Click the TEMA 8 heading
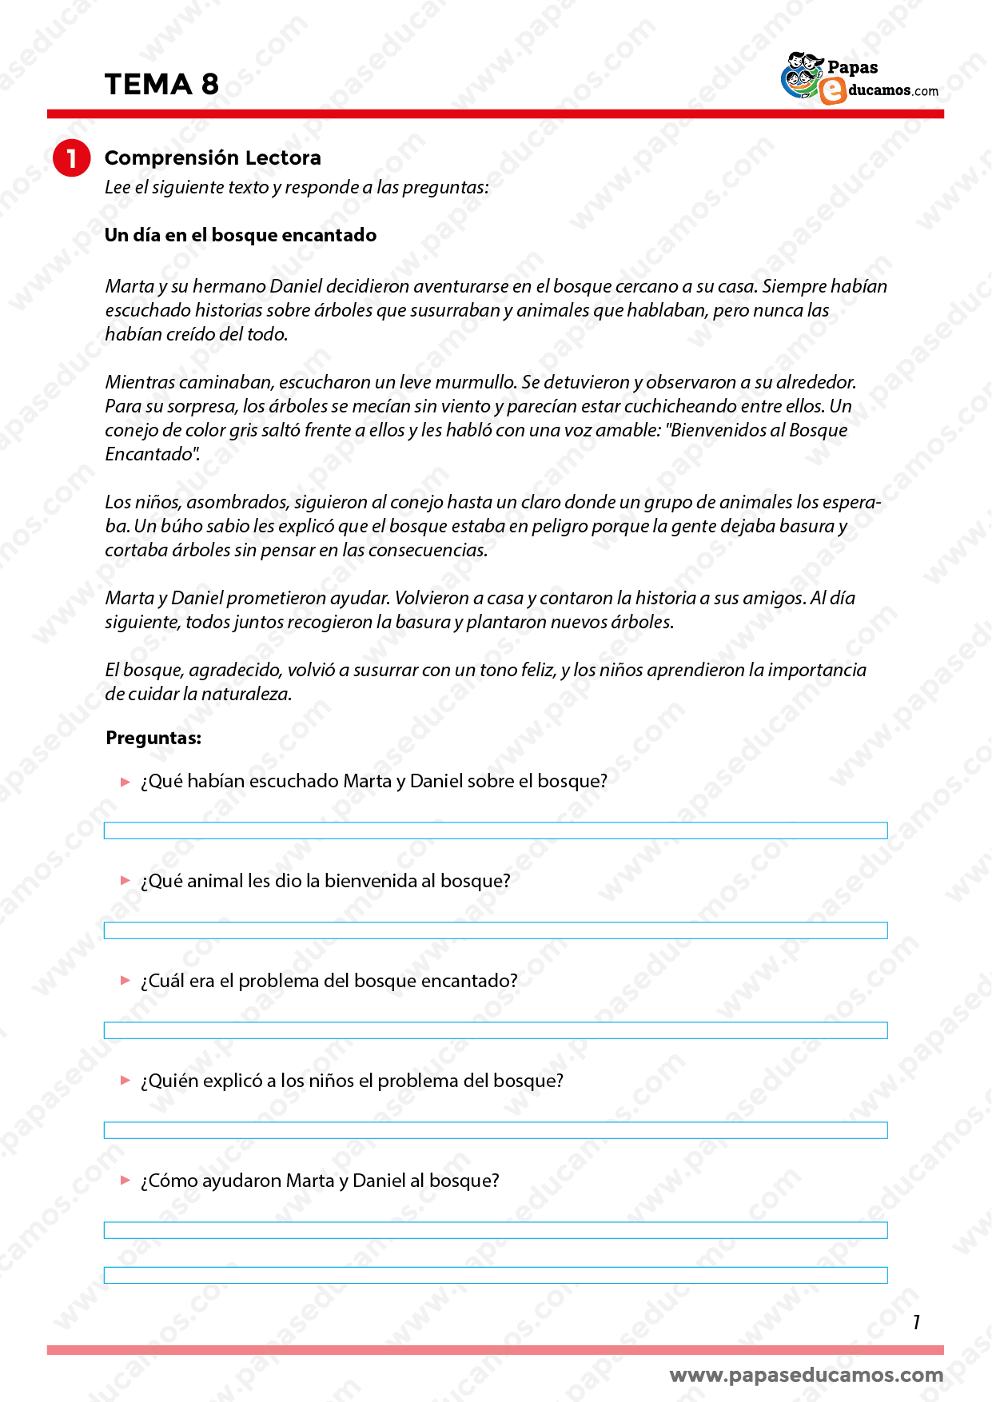pos(161,84)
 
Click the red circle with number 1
pos(71,158)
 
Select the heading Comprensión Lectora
pos(213,157)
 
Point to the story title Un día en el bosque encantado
pos(240,235)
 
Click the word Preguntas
pos(153,738)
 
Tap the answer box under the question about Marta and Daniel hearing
pos(496,830)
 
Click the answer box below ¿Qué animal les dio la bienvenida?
pos(496,930)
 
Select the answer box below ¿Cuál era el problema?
pos(496,1030)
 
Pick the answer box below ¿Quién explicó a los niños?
pos(496,1130)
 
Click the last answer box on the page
pos(496,1275)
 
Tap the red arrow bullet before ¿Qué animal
pos(125,881)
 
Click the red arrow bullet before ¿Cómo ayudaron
pos(125,1181)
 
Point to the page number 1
pos(916,1323)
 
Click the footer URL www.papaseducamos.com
pos(806,1375)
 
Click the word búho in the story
pos(181,526)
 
